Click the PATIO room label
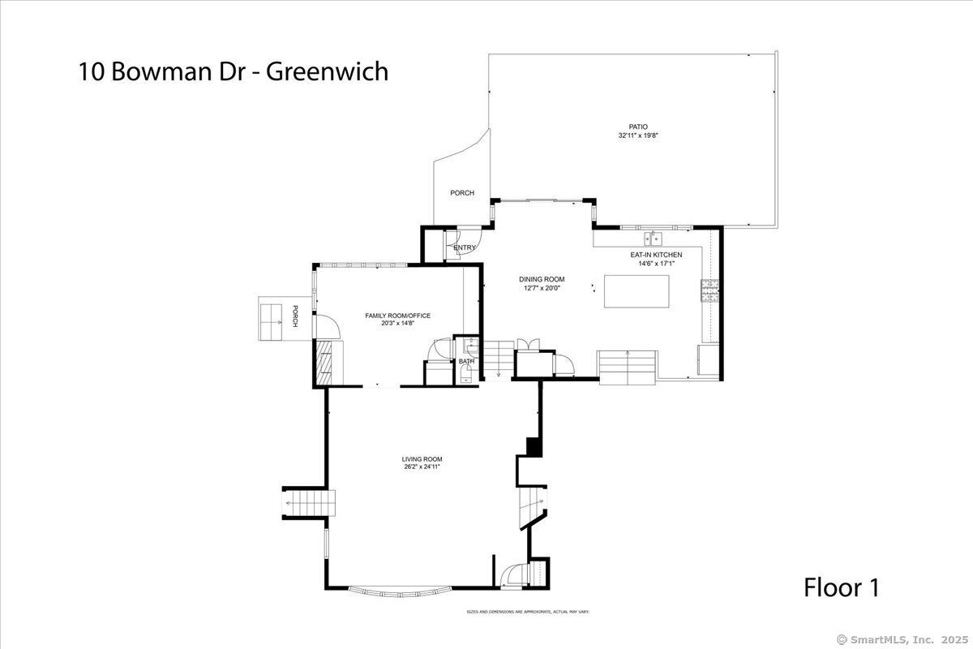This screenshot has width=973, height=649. coord(638,127)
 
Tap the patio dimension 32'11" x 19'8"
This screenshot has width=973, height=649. coord(638,135)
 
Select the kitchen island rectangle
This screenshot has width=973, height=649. coord(637,291)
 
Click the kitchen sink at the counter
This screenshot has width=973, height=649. coord(653,239)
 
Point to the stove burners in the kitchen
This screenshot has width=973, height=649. coord(709,290)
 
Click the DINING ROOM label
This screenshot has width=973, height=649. coord(542,280)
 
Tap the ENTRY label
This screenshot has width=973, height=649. coord(465,247)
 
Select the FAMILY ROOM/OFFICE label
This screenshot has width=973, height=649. coord(397,316)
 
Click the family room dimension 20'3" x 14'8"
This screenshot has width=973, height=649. coord(397,324)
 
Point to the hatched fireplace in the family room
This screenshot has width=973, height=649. coord(324,363)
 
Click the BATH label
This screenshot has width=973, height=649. coord(466,361)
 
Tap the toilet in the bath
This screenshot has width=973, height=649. coord(465,374)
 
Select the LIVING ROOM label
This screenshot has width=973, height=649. coord(422,459)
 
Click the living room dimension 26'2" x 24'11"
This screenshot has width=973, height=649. coord(422,466)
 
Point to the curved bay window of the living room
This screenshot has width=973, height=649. coord(401,592)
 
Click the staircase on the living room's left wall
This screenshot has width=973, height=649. coord(309,503)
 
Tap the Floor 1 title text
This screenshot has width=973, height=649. coord(842,587)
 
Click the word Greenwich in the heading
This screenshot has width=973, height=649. coord(327,71)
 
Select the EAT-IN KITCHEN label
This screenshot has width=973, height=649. coord(656,255)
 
